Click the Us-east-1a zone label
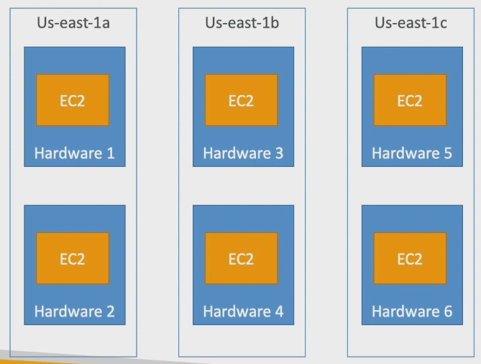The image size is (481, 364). pos(73,23)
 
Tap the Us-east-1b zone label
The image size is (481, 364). pos(242,23)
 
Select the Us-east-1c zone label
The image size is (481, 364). pos(411,23)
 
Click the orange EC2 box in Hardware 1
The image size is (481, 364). pos(73,100)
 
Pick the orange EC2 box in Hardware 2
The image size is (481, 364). pos(73,258)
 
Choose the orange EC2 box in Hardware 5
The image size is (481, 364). pos(410,100)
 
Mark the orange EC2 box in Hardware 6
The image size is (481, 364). pos(410,258)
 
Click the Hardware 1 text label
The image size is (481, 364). pos(74,153)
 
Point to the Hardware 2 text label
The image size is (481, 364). pos(74,311)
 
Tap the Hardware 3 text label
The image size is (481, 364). pos(243,153)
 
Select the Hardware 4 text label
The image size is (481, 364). pos(243,311)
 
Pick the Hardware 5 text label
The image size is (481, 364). pos(412,153)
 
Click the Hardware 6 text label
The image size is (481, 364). pos(412,311)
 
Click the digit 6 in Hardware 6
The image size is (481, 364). pos(448,311)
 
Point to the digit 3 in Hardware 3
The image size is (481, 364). pos(279,153)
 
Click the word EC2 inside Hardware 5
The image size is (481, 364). pos(410,101)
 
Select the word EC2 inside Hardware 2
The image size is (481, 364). pos(73,259)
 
